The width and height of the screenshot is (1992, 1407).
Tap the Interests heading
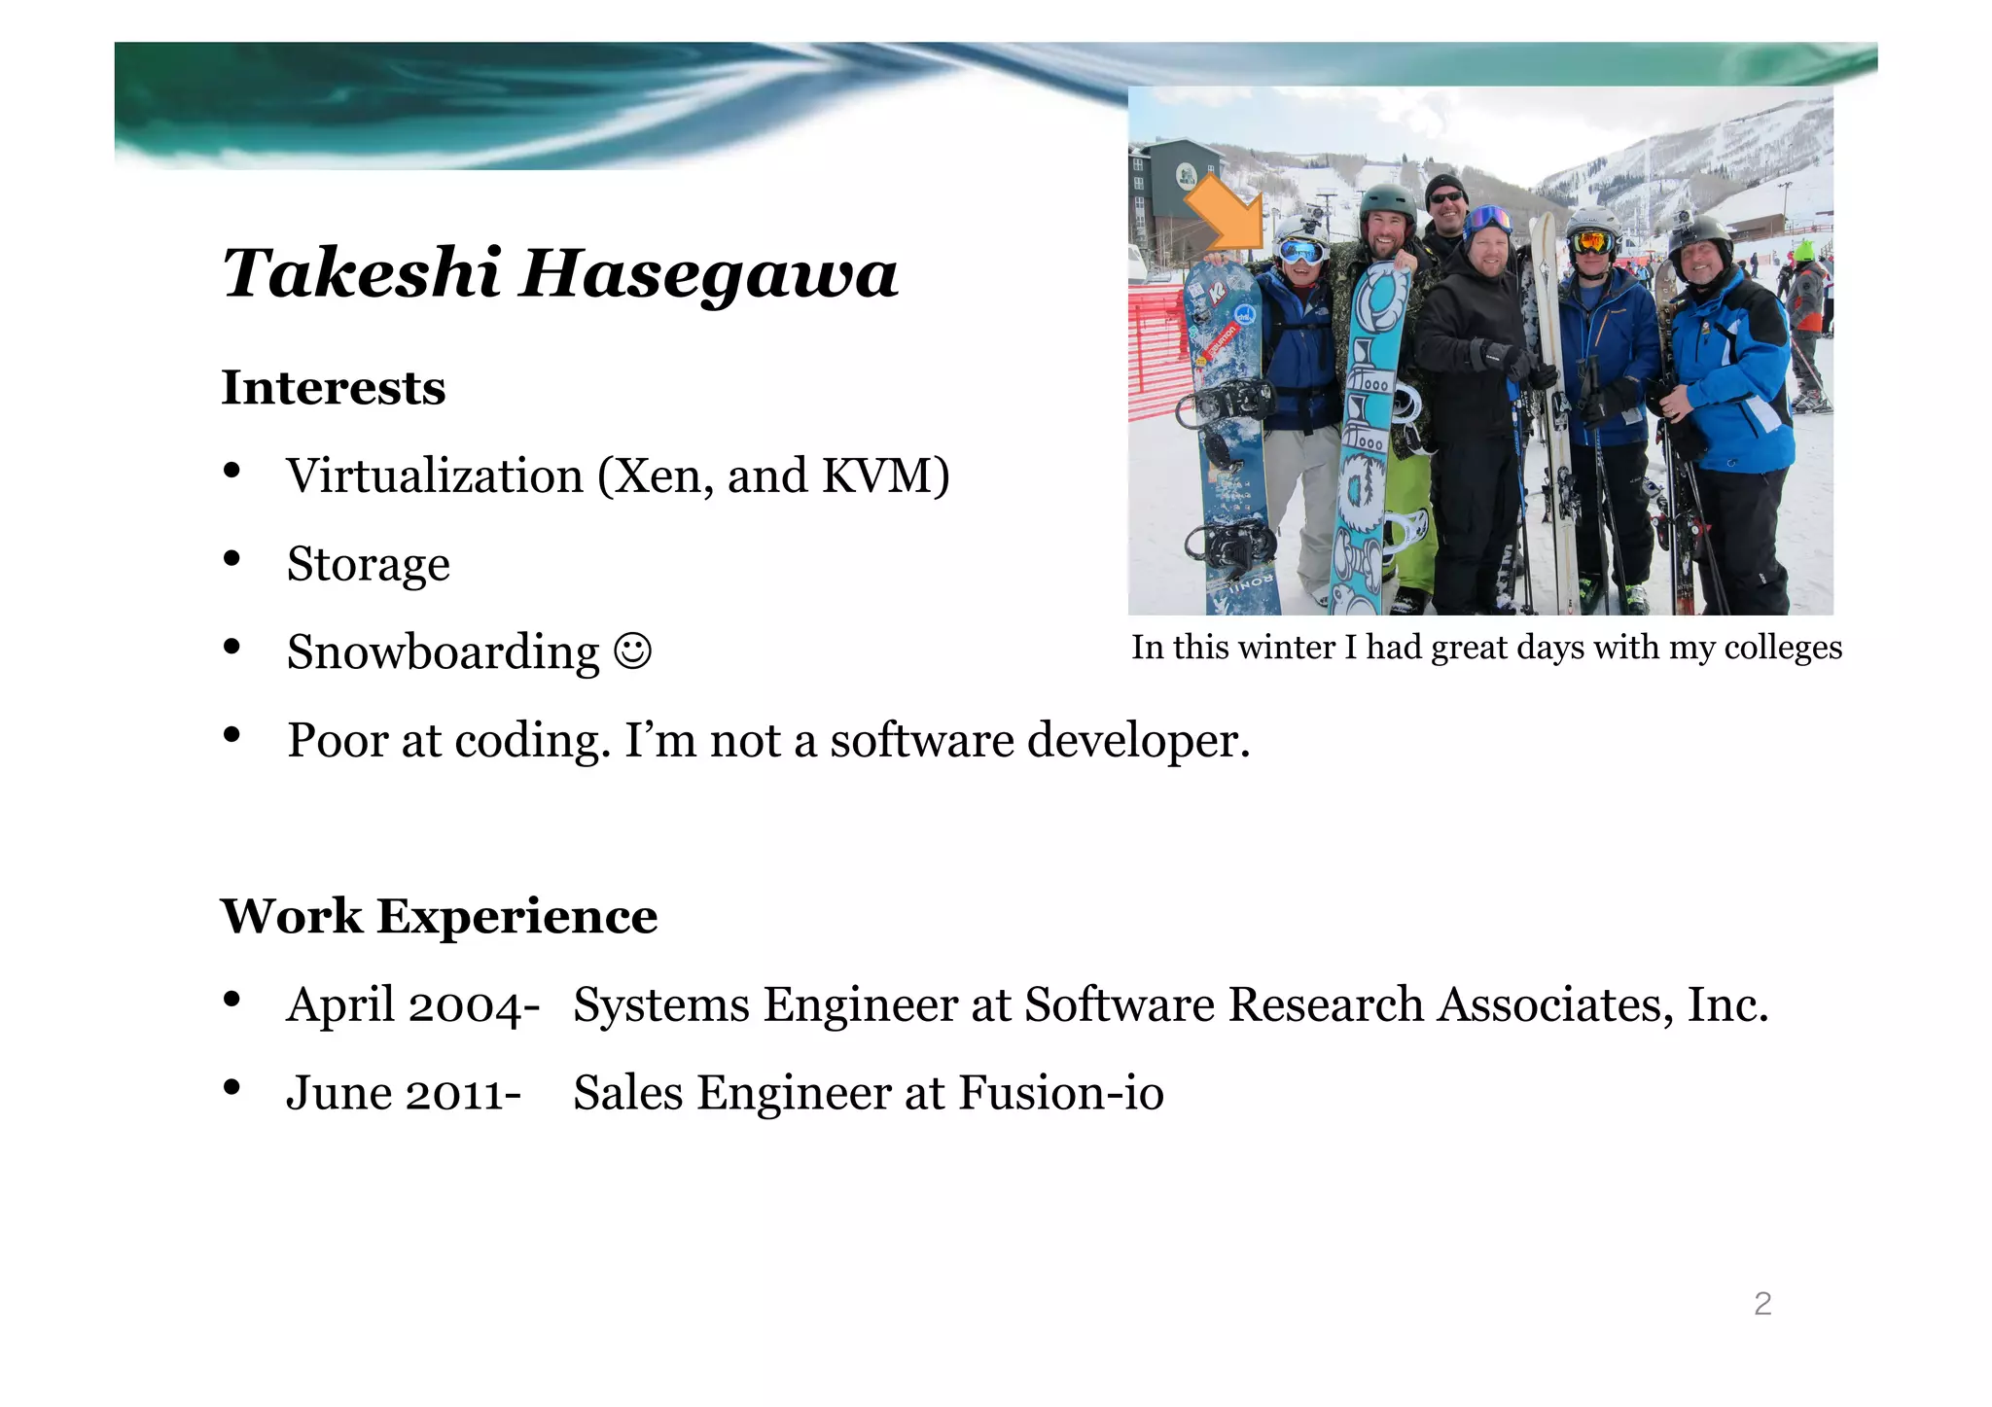click(334, 388)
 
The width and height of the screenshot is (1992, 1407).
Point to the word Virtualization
click(434, 476)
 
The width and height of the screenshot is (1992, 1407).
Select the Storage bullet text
click(368, 565)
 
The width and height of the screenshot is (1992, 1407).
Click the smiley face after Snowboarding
click(632, 651)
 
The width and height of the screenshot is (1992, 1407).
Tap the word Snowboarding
click(443, 652)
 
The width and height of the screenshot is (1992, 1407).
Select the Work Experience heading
click(439, 916)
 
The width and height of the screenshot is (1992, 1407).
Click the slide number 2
click(1762, 1304)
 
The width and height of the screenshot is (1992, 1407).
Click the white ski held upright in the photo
click(1554, 408)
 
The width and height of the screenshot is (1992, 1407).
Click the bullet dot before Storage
click(231, 559)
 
